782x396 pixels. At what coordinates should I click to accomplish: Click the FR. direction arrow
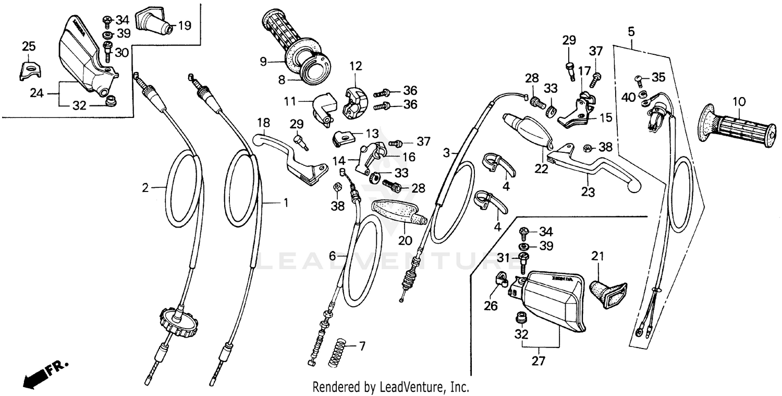(44, 375)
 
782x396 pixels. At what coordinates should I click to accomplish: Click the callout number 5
(631, 31)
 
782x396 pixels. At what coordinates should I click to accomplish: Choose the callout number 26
(491, 306)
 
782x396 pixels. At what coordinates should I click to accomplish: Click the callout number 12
(355, 66)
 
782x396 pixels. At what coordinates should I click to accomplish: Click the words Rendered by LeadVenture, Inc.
(390, 387)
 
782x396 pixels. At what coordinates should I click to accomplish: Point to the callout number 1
(285, 202)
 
